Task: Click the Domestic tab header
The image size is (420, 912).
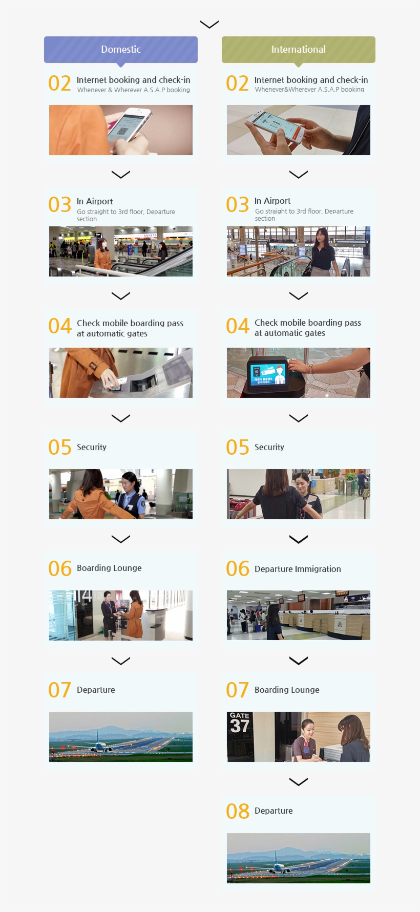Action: tap(121, 50)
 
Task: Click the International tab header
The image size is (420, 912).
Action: tap(298, 50)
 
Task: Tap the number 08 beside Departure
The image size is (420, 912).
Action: tap(237, 811)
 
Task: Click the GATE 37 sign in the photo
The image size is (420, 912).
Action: tap(239, 723)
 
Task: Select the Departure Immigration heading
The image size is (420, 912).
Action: tap(297, 569)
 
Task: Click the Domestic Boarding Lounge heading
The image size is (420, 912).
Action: tap(109, 568)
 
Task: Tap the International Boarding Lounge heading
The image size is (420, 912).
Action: tap(287, 690)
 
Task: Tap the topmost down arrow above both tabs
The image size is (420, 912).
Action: tap(209, 24)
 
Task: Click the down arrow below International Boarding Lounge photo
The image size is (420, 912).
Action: tap(298, 781)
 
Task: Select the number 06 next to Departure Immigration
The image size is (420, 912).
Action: tap(237, 569)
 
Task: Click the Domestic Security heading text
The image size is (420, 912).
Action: tap(92, 447)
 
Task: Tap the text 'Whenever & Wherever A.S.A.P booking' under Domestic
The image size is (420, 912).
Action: tap(133, 90)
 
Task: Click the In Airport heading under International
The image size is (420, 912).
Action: tap(272, 201)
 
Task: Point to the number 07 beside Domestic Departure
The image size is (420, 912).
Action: tap(59, 690)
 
